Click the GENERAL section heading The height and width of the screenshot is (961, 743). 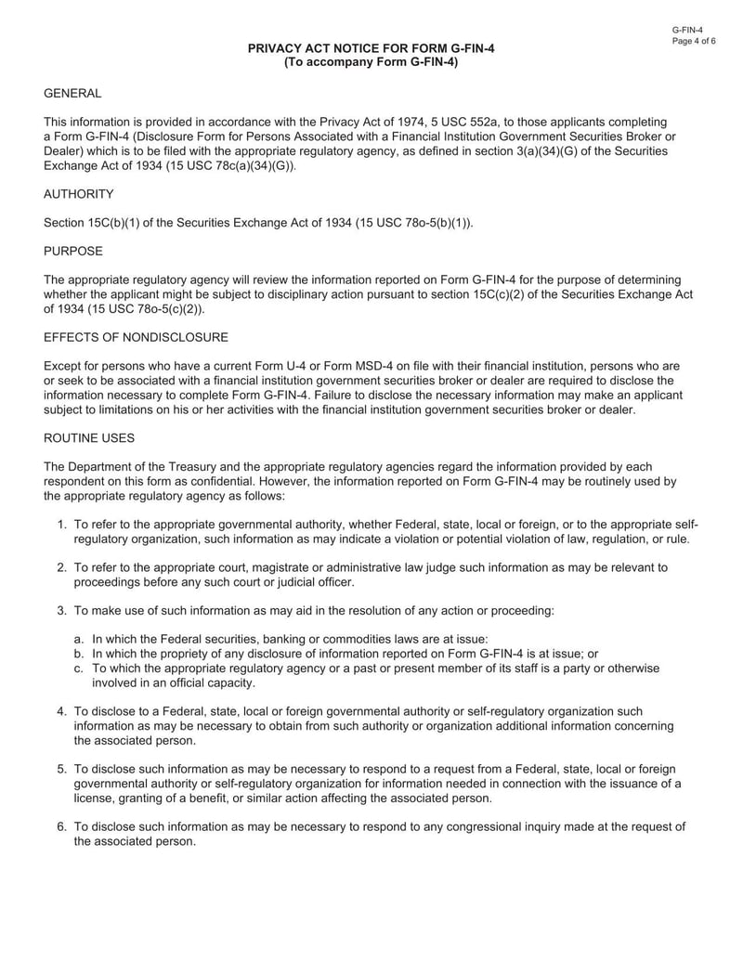tap(72, 94)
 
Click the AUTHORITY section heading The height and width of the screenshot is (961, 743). tap(79, 194)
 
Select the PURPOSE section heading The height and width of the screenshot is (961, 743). tap(73, 251)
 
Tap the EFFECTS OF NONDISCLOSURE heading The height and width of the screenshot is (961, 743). tap(136, 336)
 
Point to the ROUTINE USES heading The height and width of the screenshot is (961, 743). tap(90, 436)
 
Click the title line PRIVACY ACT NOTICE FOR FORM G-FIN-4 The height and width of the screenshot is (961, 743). tap(371, 48)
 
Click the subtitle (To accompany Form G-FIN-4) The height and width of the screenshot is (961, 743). tap(371, 62)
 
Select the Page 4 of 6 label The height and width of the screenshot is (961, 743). tap(695, 42)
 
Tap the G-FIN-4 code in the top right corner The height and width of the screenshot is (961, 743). tap(687, 30)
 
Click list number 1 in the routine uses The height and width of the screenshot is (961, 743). tap(61, 525)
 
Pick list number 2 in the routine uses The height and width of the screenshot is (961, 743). tap(61, 567)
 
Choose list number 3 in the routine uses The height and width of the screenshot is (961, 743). tap(61, 610)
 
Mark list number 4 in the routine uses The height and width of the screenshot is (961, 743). tap(61, 711)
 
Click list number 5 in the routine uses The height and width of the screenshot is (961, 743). tap(61, 769)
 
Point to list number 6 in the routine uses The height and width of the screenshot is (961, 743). tap(61, 826)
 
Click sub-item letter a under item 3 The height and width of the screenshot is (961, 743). tap(79, 639)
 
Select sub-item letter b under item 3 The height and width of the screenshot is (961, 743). tap(79, 653)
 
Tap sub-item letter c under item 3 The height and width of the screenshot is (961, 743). tap(79, 668)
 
